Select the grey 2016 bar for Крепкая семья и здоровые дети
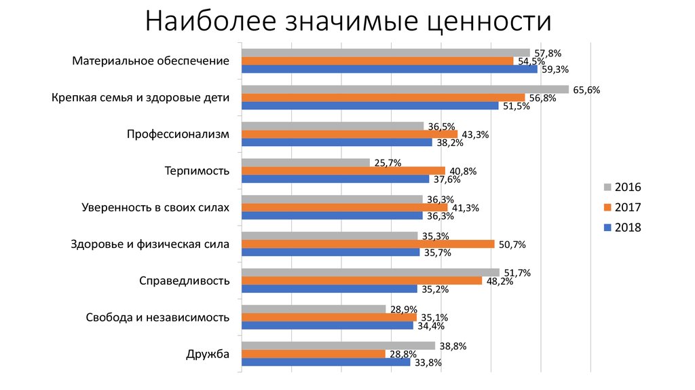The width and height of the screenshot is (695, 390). [405, 90]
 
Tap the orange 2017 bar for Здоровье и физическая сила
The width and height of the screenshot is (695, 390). [368, 244]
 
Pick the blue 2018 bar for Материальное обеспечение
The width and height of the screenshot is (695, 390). [390, 69]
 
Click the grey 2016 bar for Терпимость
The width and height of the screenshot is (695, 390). [306, 163]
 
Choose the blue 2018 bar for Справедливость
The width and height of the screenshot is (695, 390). [330, 289]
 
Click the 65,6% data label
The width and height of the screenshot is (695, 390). [587, 90]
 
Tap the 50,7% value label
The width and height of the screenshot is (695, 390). [512, 244]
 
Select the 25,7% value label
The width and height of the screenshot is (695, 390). [388, 163]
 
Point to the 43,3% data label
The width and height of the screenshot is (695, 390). [475, 135]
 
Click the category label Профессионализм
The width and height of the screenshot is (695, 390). [178, 134]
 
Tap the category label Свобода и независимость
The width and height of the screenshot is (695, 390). [157, 317]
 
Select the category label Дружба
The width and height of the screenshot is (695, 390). [207, 354]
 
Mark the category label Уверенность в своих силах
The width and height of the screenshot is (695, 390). [155, 207]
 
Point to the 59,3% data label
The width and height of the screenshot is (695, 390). [555, 69]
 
